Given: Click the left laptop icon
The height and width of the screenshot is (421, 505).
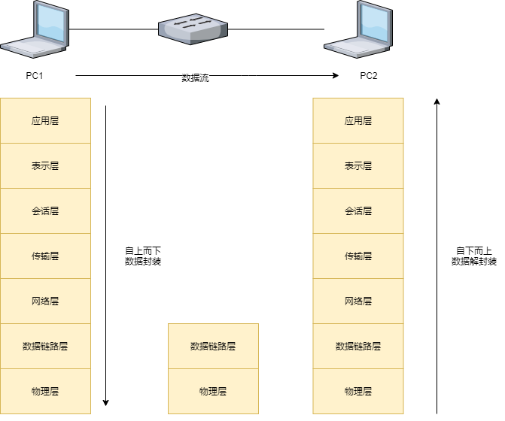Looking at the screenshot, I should (x=35, y=30).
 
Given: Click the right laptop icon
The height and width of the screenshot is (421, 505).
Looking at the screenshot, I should (x=359, y=30).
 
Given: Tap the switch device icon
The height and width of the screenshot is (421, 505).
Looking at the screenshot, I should (x=193, y=28).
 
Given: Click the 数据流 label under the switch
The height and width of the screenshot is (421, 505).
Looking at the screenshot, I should (x=196, y=78).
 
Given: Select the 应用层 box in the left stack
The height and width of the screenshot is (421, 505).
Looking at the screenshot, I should (x=45, y=120).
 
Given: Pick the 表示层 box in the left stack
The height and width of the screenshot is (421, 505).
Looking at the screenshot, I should (x=45, y=165).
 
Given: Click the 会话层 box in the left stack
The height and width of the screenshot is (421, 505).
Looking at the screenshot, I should (x=45, y=210).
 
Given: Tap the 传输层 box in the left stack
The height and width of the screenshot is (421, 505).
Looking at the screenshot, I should (x=45, y=256).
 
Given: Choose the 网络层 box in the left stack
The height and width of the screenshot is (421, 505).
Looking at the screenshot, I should (x=45, y=301).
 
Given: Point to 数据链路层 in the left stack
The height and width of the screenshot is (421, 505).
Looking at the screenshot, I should (x=45, y=346).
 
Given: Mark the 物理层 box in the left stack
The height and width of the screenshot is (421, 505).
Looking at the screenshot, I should (x=45, y=391).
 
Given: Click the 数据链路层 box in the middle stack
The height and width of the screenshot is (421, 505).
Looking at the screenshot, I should (x=213, y=346).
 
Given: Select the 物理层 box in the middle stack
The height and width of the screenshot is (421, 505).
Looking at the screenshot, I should (x=213, y=391).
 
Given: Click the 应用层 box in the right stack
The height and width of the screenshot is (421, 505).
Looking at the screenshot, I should (x=358, y=120).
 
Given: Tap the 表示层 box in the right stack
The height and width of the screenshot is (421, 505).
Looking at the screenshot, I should (x=358, y=165).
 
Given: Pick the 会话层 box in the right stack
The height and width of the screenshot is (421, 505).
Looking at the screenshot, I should (x=358, y=210).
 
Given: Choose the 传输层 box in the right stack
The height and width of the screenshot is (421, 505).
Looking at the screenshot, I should (x=358, y=256).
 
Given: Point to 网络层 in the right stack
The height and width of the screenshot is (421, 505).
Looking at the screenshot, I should (x=358, y=301).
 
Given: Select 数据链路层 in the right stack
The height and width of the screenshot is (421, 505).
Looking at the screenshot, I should (x=358, y=346).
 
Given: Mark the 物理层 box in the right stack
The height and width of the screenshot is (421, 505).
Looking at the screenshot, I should (x=358, y=391).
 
